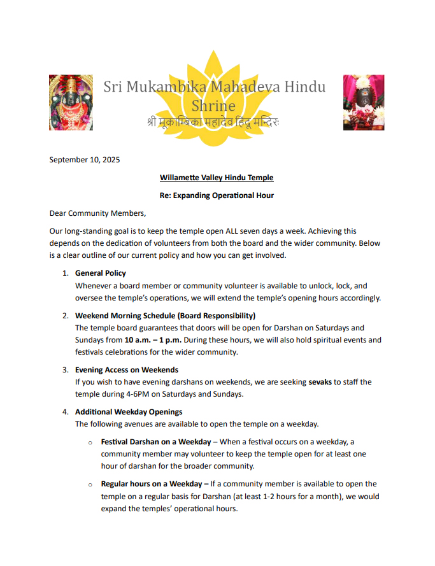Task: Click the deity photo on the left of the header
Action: tap(71, 103)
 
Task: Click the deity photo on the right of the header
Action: tap(364, 103)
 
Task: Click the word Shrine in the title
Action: tap(214, 105)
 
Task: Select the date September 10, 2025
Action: tap(85, 160)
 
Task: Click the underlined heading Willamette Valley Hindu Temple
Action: tap(217, 177)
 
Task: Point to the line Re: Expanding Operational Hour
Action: tap(217, 195)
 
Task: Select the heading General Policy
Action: tap(101, 273)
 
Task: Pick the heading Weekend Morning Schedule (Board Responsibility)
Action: tap(166, 315)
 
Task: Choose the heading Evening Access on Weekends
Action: tap(127, 369)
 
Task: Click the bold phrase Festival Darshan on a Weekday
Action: tap(156, 441)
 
